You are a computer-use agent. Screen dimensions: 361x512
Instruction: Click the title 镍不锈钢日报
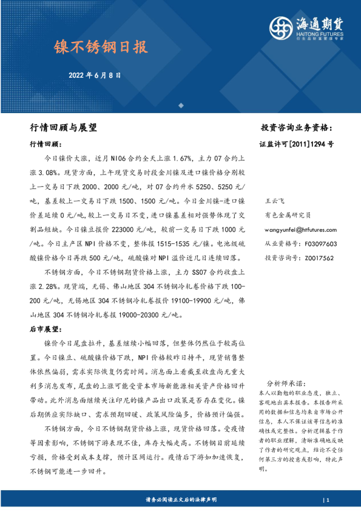[101, 46]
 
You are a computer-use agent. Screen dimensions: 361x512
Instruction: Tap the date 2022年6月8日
[95, 76]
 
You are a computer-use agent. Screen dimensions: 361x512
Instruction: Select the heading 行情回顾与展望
[63, 128]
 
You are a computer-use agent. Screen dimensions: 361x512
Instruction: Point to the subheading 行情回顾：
[46, 145]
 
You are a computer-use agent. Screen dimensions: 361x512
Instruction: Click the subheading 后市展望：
[46, 329]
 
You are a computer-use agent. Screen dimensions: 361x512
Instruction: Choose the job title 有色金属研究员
[288, 215]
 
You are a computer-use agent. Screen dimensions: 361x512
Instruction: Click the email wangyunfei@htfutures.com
[301, 229]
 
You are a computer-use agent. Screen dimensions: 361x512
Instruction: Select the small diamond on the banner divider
[180, 105]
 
